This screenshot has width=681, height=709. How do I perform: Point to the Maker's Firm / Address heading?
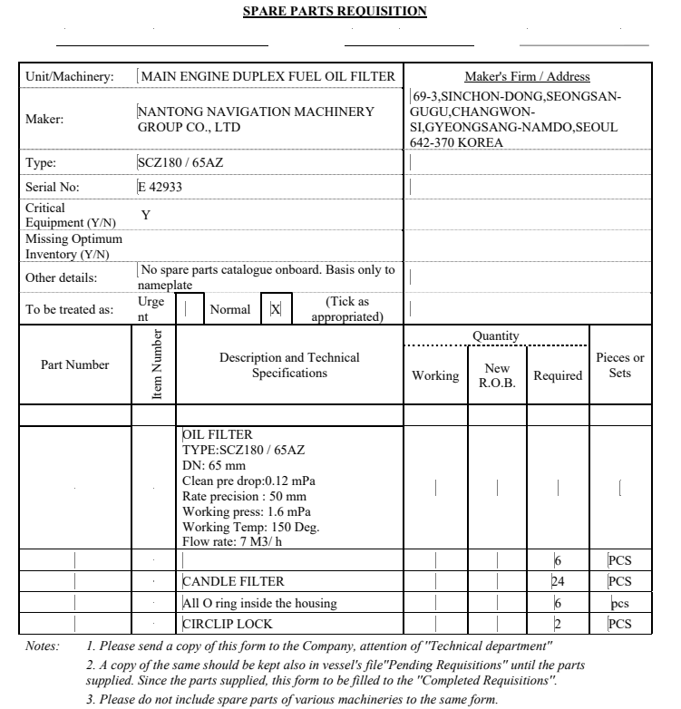click(x=527, y=77)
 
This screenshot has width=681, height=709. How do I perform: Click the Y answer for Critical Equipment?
click(x=146, y=215)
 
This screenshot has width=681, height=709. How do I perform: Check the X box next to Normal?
click(x=276, y=309)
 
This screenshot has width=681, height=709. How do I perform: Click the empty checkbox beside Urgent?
click(x=189, y=309)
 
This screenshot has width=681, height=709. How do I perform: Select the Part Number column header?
click(x=75, y=365)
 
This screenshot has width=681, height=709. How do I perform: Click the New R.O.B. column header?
click(x=497, y=375)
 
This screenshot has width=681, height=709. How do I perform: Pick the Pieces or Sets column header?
click(x=620, y=365)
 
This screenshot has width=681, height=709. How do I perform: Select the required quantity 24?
click(x=559, y=582)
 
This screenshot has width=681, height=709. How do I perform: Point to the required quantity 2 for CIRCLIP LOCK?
click(x=558, y=624)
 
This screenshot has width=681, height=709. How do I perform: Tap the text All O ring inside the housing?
click(x=259, y=603)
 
